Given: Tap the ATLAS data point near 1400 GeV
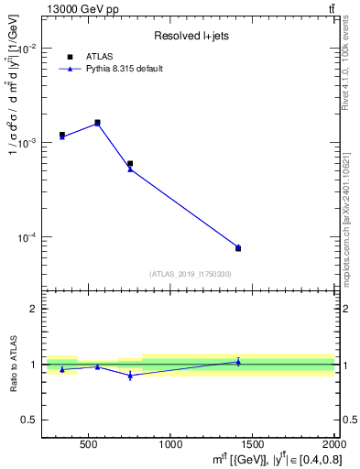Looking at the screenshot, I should (x=238, y=248).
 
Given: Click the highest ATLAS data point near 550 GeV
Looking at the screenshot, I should (x=97, y=123).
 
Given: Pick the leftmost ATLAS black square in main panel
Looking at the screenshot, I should (x=62, y=135).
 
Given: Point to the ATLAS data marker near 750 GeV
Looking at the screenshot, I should (x=130, y=164).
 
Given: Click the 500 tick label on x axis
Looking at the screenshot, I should (x=89, y=444).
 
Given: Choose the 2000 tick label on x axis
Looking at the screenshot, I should (x=333, y=444).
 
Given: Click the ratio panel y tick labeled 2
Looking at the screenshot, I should (x=34, y=309).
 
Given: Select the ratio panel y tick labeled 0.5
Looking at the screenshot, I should (x=30, y=420).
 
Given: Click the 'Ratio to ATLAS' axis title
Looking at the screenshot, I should (x=13, y=365).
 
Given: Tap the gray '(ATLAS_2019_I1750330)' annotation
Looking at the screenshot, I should (x=190, y=274).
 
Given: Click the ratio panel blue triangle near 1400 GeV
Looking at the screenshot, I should (x=238, y=362).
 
